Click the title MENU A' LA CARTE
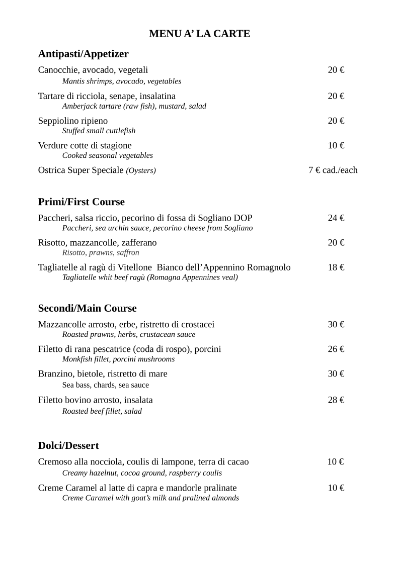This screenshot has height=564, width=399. (199, 34)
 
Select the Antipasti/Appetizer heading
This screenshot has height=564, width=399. (83, 54)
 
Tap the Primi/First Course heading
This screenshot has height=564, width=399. (81, 202)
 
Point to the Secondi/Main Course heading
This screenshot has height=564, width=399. (87, 308)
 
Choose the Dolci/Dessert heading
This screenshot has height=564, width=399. (68, 445)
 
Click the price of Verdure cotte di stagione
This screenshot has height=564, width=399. (336, 146)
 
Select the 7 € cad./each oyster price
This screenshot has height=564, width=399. (333, 170)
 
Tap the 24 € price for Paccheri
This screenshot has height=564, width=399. (336, 218)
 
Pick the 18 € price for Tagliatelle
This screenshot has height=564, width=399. (336, 267)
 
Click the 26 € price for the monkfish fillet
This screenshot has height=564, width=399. (336, 349)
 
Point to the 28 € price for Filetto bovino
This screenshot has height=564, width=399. (336, 400)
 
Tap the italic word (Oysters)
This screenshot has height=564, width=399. (141, 170)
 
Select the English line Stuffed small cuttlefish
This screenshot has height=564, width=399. (99, 131)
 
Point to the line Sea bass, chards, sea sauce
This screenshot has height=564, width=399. (105, 385)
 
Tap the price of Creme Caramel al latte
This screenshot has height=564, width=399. (336, 488)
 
